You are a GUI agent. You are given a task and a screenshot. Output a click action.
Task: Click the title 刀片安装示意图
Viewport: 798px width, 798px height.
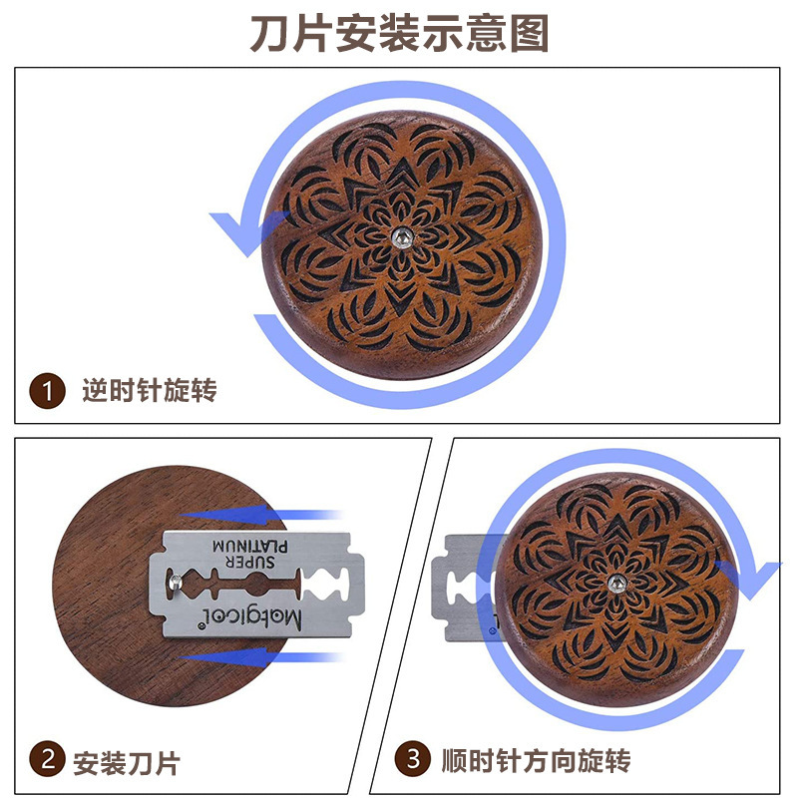click(399, 33)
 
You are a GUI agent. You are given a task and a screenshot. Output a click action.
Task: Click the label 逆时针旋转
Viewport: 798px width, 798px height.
click(149, 390)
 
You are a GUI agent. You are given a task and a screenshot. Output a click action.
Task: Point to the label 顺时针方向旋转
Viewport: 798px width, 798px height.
click(536, 762)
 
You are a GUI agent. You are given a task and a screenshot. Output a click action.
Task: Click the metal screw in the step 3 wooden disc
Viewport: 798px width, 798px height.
click(615, 583)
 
